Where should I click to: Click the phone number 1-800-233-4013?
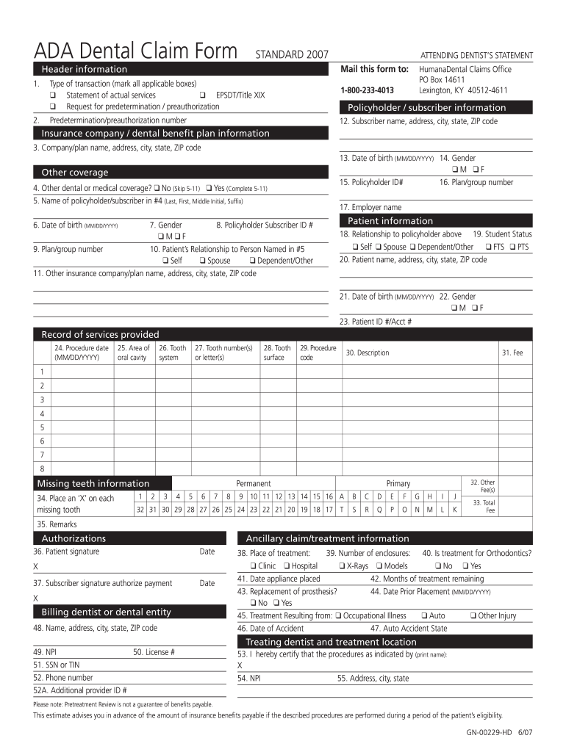(x=362, y=90)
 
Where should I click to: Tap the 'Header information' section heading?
(x=79, y=69)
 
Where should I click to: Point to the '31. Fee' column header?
(x=512, y=352)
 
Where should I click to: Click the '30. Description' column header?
(x=368, y=352)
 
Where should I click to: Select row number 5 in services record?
(x=42, y=427)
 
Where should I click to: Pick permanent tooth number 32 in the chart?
(x=140, y=510)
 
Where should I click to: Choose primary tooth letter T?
(x=342, y=510)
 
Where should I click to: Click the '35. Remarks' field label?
(x=57, y=524)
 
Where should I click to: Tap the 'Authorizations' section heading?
(x=74, y=538)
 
